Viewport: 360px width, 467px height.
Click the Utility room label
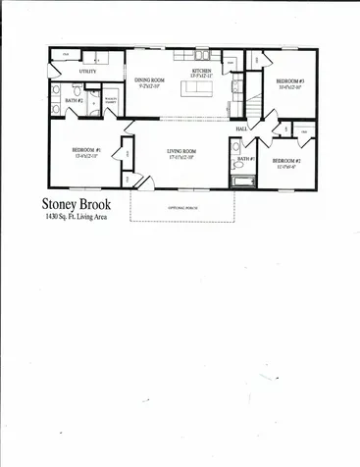(x=86, y=72)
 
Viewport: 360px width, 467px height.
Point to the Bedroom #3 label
(x=289, y=80)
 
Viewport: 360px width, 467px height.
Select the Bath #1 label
(x=246, y=158)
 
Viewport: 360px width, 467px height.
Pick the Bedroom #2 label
(x=286, y=160)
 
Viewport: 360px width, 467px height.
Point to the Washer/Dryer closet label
(x=111, y=100)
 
